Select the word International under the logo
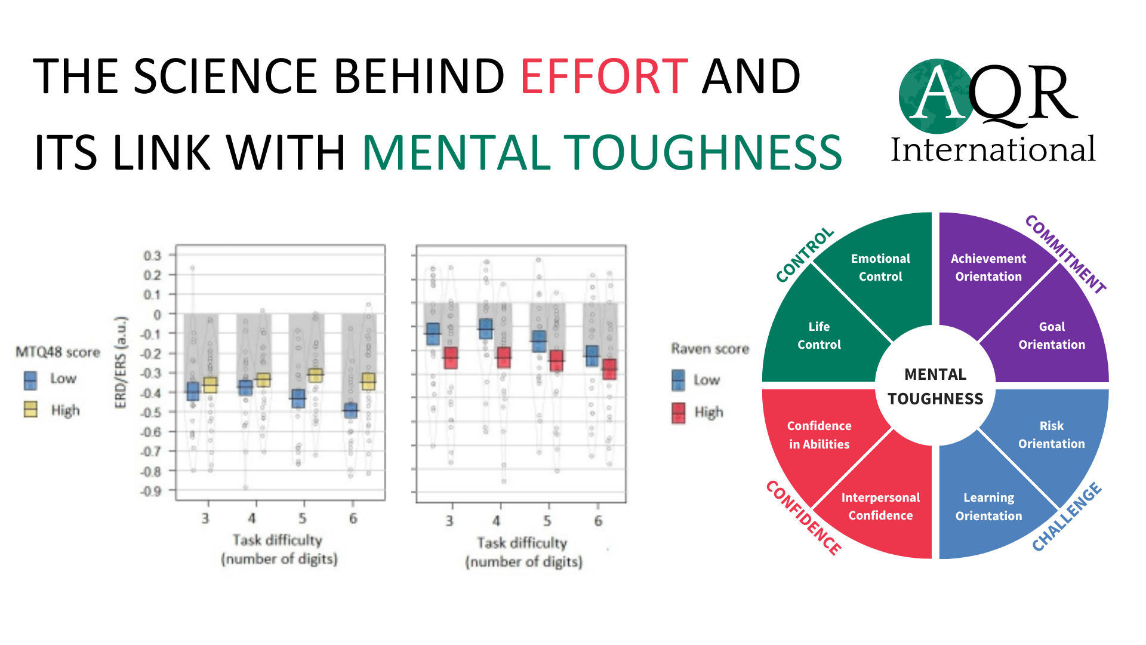(x=993, y=149)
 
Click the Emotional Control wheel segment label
(x=880, y=268)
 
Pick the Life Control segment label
(x=819, y=336)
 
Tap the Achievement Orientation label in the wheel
(x=988, y=268)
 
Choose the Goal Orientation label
(x=1052, y=336)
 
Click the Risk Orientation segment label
(x=1051, y=435)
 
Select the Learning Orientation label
(x=988, y=506)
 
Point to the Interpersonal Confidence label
(x=880, y=506)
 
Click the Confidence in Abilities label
(x=819, y=435)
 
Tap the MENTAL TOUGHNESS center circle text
(x=935, y=386)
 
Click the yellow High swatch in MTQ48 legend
(x=30, y=410)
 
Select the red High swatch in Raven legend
(x=679, y=412)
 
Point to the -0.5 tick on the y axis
(x=153, y=412)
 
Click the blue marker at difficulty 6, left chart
(x=350, y=410)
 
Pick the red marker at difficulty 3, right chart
(x=451, y=358)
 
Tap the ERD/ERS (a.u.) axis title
(x=121, y=363)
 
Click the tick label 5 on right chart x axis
(x=547, y=521)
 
